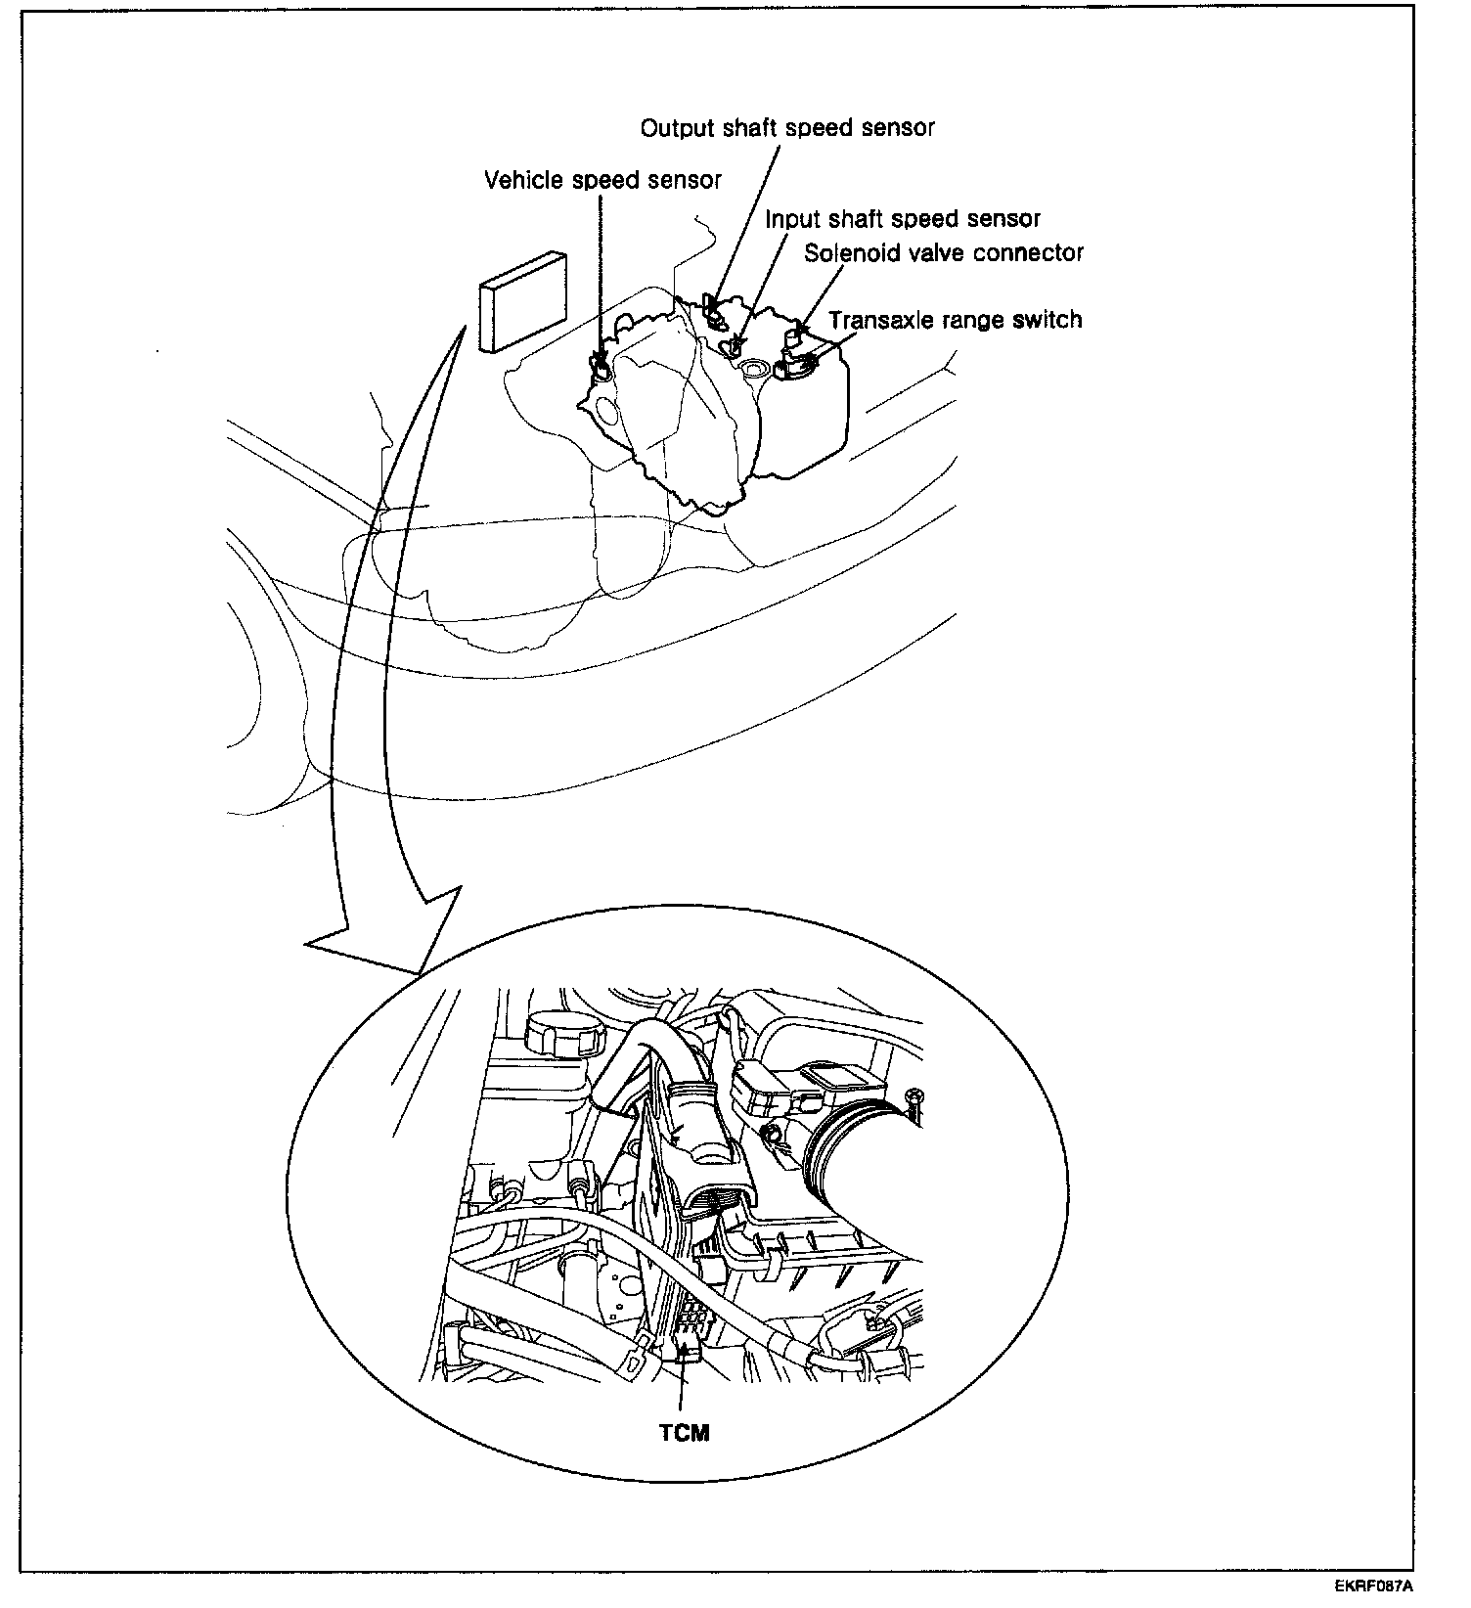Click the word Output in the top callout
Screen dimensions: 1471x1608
click(x=675, y=128)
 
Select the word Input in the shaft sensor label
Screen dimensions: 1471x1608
click(x=789, y=219)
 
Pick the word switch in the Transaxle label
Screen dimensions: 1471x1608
click(x=1048, y=321)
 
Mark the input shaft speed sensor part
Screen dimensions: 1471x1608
click(x=734, y=345)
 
